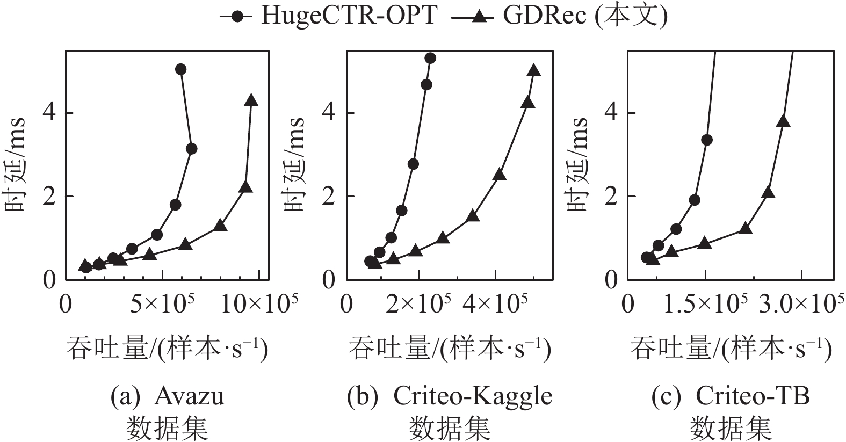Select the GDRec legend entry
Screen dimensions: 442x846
pyautogui.click(x=559, y=16)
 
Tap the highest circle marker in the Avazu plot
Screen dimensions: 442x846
pyautogui.click(x=181, y=69)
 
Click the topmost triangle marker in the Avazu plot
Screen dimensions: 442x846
pyautogui.click(x=251, y=100)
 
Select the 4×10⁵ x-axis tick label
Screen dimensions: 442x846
pyautogui.click(x=495, y=305)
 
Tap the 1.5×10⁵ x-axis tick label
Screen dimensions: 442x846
pyautogui.click(x=706, y=305)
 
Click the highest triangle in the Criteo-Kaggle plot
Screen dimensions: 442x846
pyautogui.click(x=533, y=70)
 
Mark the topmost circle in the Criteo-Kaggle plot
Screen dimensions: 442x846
pyautogui.click(x=430, y=58)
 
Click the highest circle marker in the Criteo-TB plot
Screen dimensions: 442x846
pyautogui.click(x=707, y=140)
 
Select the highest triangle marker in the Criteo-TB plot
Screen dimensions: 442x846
pyautogui.click(x=783, y=121)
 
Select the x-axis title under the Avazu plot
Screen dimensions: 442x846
pyautogui.click(x=167, y=349)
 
